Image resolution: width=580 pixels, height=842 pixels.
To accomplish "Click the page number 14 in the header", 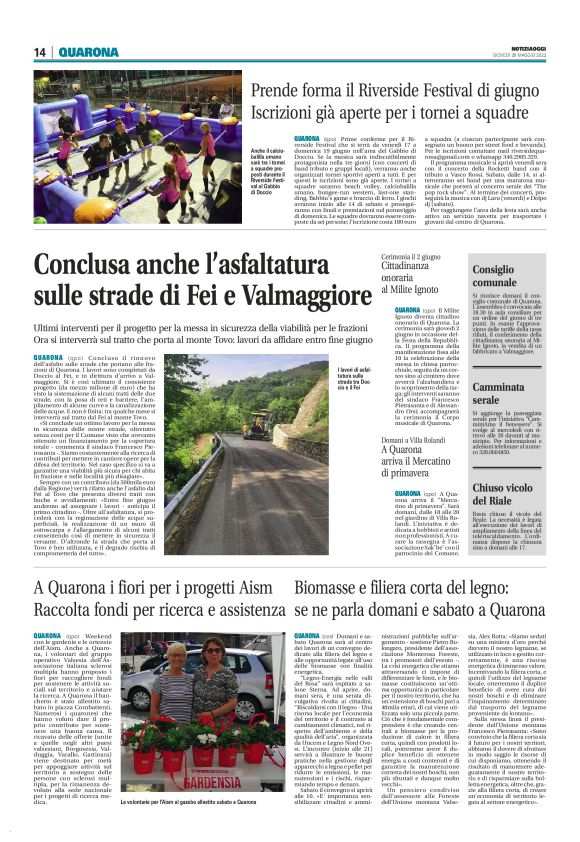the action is tap(41, 52).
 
